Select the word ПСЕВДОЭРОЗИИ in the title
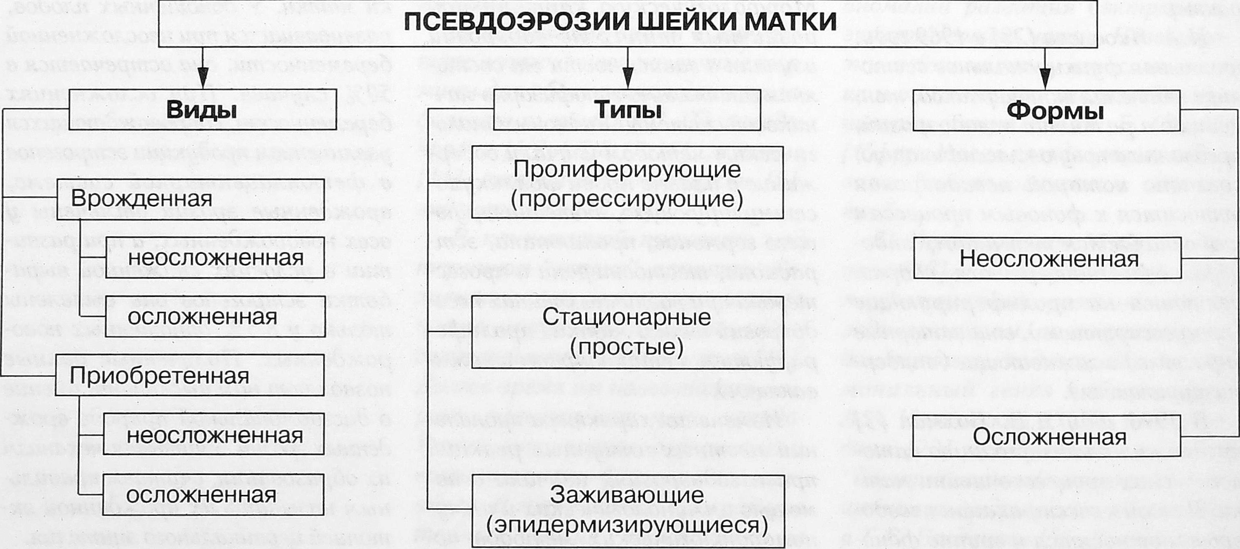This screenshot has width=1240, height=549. [496, 21]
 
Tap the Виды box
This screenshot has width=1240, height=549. [202, 110]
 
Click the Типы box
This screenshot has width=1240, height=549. [627, 110]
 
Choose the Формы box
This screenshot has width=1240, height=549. [1046, 111]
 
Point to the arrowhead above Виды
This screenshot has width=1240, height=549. [203, 79]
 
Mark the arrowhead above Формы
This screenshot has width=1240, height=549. [1045, 79]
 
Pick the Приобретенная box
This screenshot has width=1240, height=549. [189, 375]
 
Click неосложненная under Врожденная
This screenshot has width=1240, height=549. [215, 258]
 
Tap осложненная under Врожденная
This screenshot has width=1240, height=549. [214, 317]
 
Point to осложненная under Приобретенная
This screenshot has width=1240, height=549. [213, 495]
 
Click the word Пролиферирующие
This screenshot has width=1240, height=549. [627, 169]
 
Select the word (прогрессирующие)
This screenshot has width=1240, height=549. [627, 199]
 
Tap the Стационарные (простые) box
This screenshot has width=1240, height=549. [627, 332]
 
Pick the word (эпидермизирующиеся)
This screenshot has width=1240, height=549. [627, 525]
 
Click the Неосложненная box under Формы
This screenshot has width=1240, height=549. [1047, 258]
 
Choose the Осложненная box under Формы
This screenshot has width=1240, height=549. [1047, 436]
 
